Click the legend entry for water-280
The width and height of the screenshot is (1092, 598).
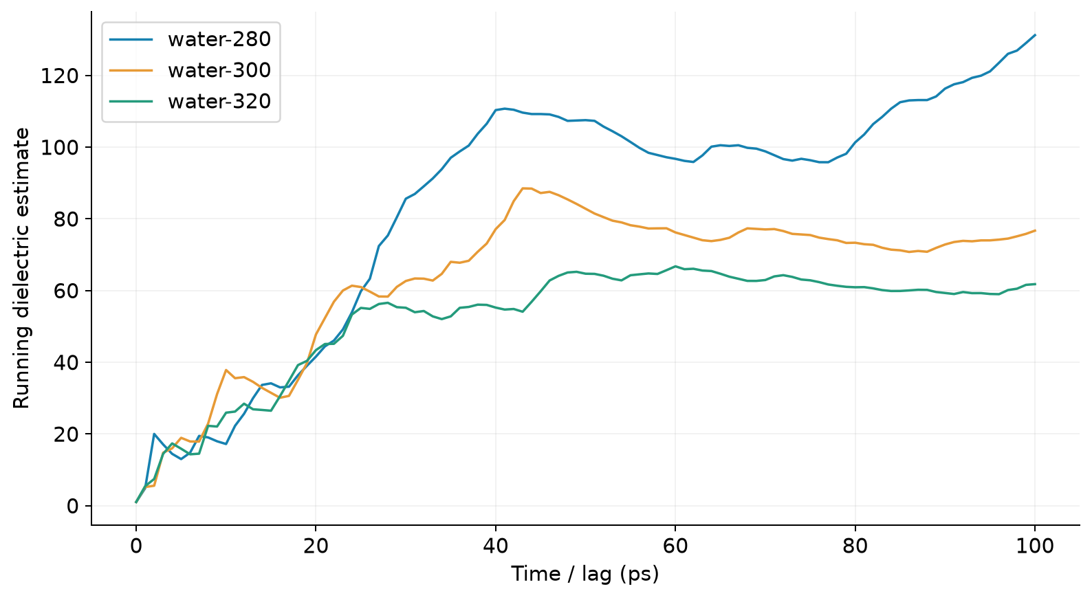coord(219,39)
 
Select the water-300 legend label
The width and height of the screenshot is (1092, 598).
coord(219,70)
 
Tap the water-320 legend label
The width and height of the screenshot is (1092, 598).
coord(219,101)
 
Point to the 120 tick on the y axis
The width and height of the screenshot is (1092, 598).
coord(59,76)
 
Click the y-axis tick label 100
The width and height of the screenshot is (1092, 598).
coord(59,147)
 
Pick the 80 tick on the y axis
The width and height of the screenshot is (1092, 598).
coord(66,219)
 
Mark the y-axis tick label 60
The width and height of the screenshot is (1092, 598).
coord(66,291)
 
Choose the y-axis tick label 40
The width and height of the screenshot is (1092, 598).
coord(66,362)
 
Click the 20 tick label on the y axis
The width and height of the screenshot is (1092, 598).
coord(66,434)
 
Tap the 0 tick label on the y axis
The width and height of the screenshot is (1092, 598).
coord(72,506)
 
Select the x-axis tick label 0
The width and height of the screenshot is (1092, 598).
coord(136,546)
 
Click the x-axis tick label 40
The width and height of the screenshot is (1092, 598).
coord(496,546)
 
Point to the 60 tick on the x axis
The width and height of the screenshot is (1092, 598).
coord(676,546)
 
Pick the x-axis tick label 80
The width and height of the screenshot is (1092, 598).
coord(855,546)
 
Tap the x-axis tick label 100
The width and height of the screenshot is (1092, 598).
coord(1035,546)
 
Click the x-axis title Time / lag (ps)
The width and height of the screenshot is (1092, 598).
coord(585,574)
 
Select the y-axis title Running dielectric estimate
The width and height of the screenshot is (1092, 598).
coord(21,268)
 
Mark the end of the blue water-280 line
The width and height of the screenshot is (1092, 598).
coord(1035,35)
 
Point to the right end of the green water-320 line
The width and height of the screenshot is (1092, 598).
coord(1035,284)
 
